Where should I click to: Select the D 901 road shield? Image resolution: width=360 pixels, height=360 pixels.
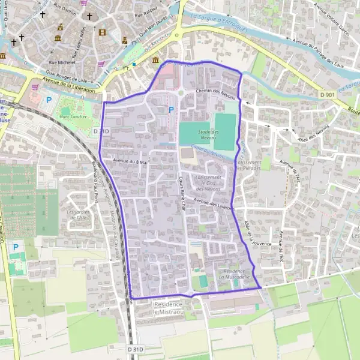click(327, 95)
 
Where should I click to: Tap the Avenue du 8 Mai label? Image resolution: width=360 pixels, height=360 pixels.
click(130, 161)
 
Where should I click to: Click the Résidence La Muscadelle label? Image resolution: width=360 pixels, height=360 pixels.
click(234, 274)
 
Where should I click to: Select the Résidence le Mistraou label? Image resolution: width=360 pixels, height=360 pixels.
click(172, 308)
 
